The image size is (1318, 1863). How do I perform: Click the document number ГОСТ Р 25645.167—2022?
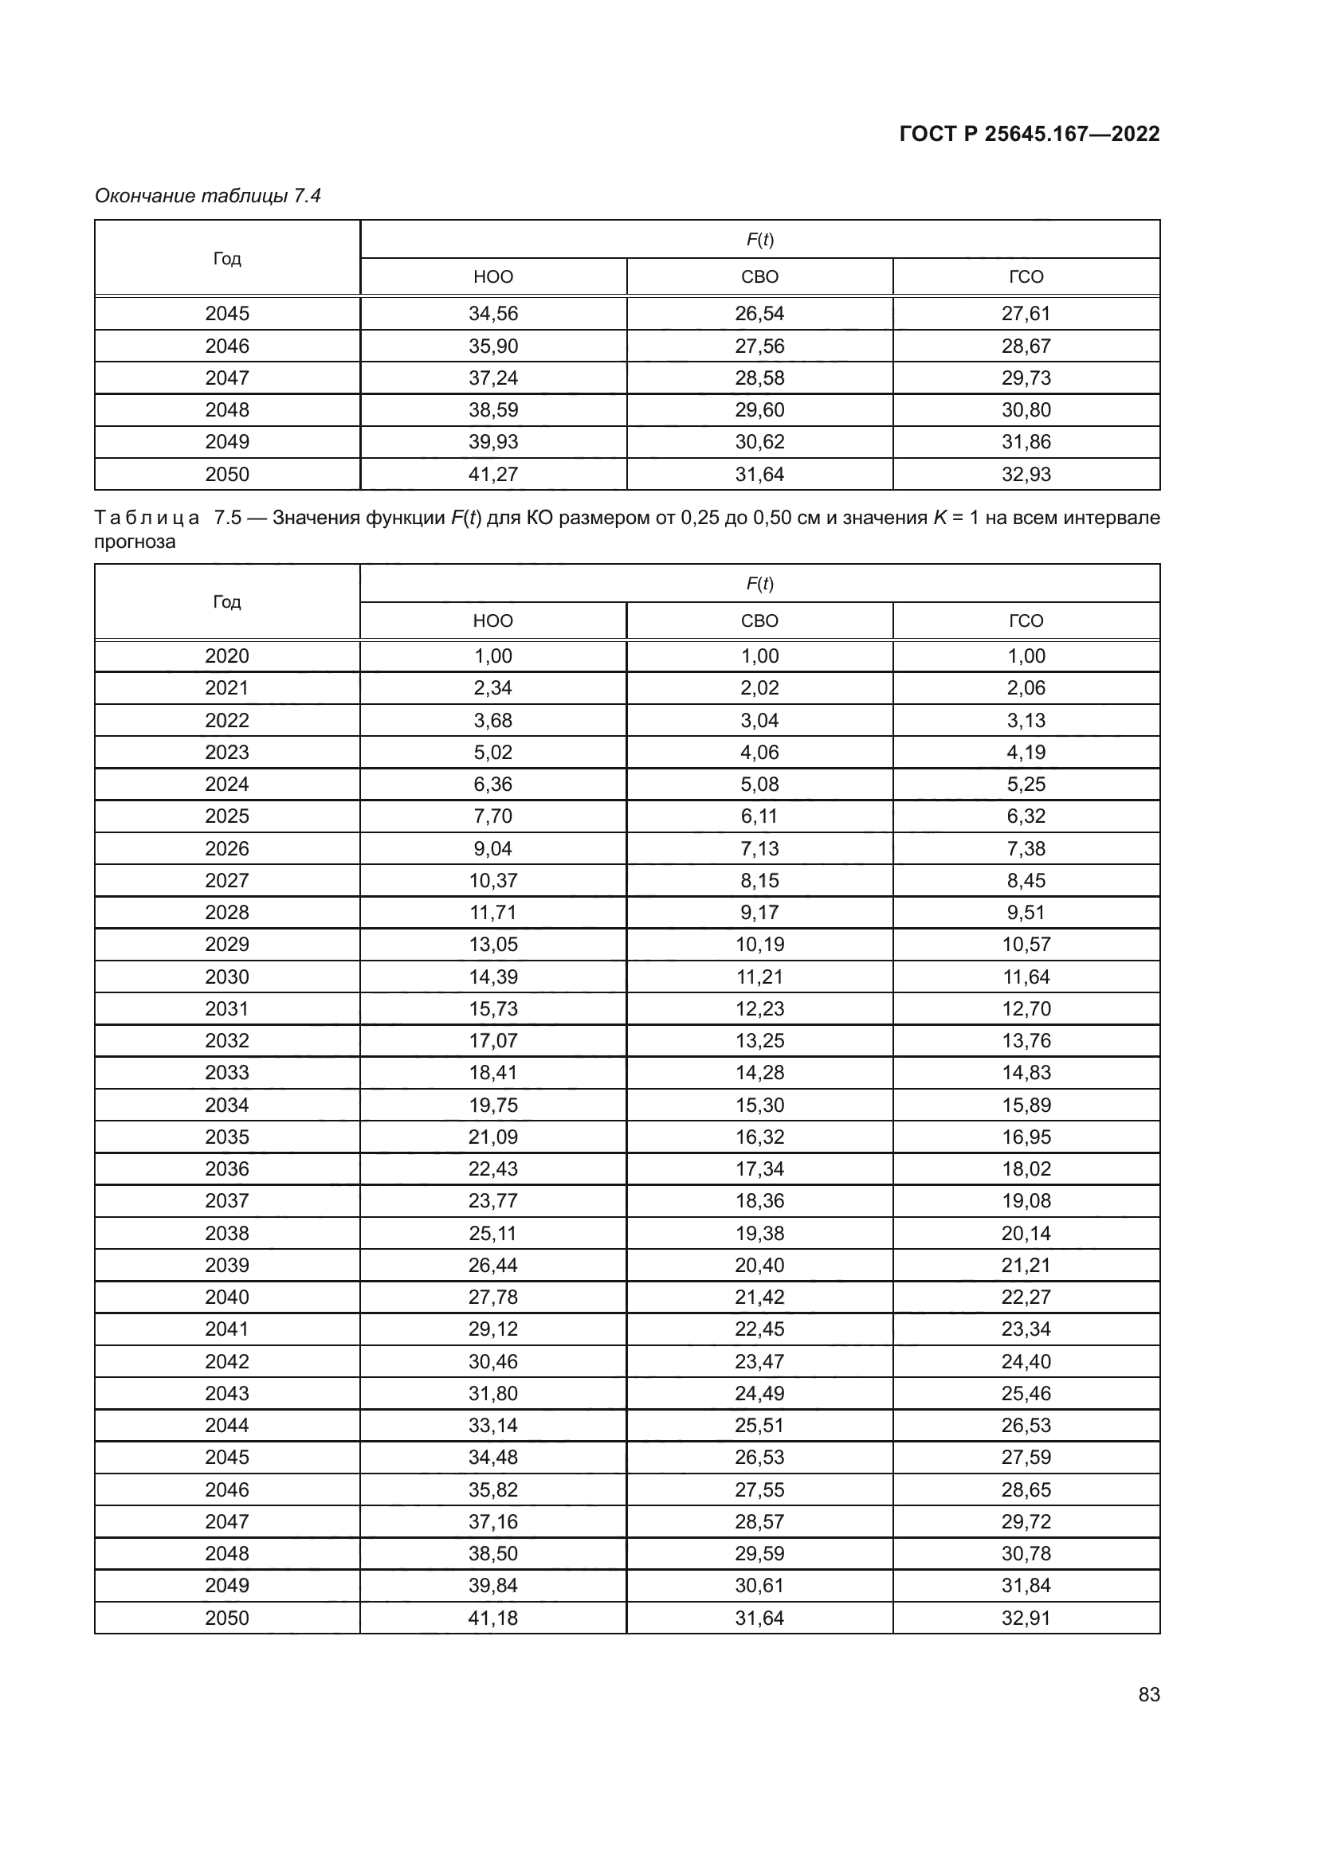click(1029, 134)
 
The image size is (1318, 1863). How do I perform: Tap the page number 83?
click(1148, 1694)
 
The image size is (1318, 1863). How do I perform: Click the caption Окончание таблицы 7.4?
click(208, 196)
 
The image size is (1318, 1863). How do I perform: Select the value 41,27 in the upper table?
click(492, 474)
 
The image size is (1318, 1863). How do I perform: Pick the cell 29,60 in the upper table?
click(759, 409)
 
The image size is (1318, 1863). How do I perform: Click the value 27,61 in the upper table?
click(1025, 313)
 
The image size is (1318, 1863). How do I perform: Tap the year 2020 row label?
click(226, 656)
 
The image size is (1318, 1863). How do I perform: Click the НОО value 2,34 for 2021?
click(492, 688)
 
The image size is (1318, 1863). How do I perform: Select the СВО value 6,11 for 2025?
click(759, 816)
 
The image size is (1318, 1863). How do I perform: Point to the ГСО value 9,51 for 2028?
click(1025, 912)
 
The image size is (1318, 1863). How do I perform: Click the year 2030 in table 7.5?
click(226, 977)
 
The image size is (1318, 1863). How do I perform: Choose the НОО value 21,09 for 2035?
click(492, 1137)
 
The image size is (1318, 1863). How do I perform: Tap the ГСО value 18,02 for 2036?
click(1025, 1168)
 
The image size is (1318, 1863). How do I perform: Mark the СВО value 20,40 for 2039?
click(759, 1265)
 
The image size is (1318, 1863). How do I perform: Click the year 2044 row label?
click(226, 1425)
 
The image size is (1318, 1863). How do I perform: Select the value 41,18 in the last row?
click(492, 1617)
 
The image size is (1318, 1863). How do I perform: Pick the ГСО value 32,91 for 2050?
click(1025, 1617)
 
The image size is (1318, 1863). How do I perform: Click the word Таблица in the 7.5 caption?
click(147, 518)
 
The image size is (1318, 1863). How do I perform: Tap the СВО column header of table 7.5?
click(759, 620)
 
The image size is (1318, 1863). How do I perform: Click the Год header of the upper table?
click(226, 258)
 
